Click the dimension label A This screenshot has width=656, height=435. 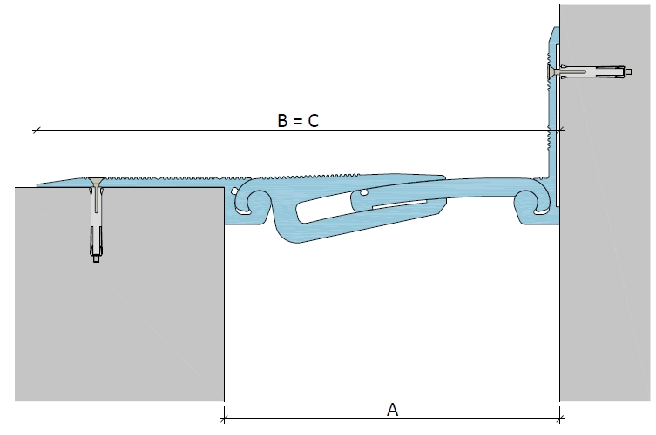pyautogui.click(x=392, y=410)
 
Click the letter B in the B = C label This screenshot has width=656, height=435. pyautogui.click(x=282, y=120)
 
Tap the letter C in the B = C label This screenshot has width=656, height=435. pyautogui.click(x=314, y=120)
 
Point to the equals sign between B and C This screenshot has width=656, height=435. pyautogui.click(x=297, y=121)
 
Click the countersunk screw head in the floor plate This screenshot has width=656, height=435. pyautogui.click(x=96, y=180)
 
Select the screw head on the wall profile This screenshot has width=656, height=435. pyautogui.click(x=551, y=72)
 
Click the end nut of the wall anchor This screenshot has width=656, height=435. pyautogui.click(x=629, y=72)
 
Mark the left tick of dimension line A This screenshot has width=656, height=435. pyautogui.click(x=224, y=418)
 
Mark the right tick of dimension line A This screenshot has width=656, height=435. pyautogui.click(x=560, y=418)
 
